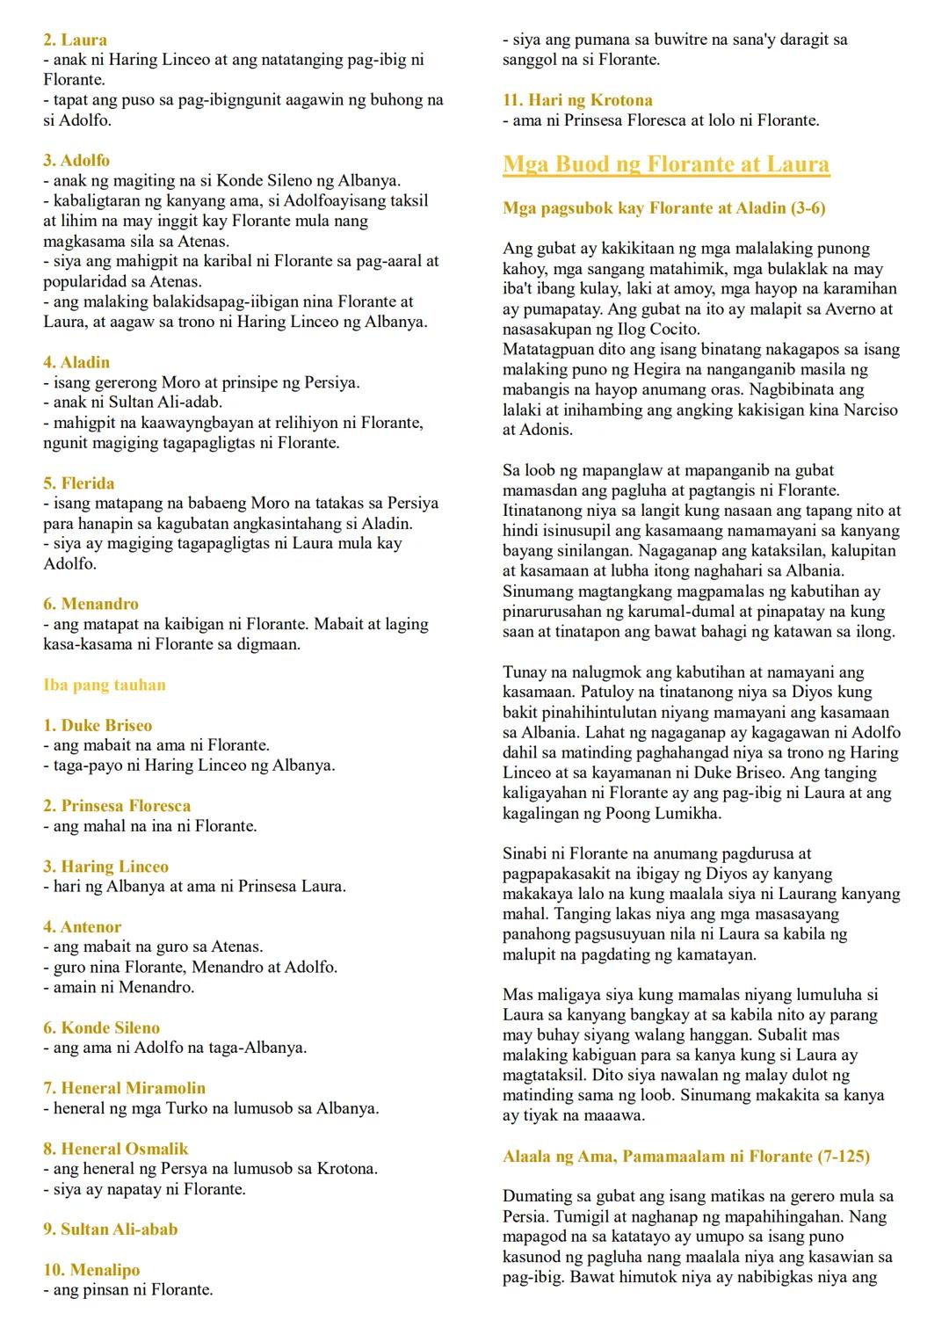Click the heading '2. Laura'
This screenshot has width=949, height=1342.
click(76, 40)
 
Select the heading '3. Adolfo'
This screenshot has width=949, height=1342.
click(76, 160)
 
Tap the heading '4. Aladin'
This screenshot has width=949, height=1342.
click(76, 362)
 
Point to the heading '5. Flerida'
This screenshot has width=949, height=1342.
click(78, 483)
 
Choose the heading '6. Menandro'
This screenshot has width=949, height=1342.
click(91, 604)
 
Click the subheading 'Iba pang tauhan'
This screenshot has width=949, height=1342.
click(105, 685)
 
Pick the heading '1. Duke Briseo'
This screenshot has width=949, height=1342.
click(98, 725)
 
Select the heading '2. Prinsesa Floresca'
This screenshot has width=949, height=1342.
click(117, 806)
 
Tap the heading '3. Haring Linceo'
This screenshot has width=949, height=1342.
click(105, 867)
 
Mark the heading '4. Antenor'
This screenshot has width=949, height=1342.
click(82, 926)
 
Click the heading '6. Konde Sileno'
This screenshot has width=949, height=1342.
click(101, 1027)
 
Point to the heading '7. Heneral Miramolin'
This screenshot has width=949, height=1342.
click(124, 1088)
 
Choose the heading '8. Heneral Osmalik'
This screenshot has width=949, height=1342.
click(115, 1149)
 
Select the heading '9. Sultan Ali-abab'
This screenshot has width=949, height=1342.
click(110, 1229)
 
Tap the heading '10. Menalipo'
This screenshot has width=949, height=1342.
click(91, 1270)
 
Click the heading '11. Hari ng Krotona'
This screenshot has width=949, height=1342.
click(577, 100)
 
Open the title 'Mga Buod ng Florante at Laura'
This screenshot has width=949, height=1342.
click(666, 164)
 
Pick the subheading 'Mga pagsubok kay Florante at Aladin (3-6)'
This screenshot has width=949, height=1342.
click(663, 208)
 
